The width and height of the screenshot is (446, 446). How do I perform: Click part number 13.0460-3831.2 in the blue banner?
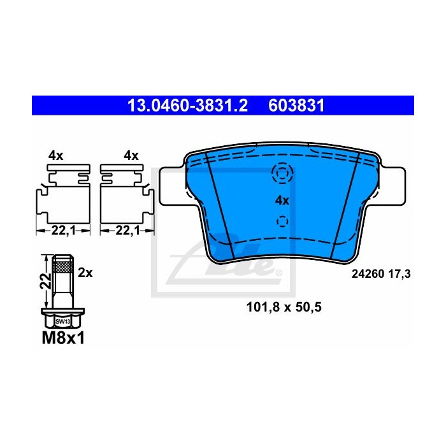pyautogui.click(x=187, y=106)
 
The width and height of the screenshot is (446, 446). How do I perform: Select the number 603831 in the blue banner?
pyautogui.click(x=296, y=106)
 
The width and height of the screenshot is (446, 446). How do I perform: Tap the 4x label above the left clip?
pyautogui.click(x=56, y=156)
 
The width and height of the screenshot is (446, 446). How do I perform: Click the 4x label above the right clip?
pyautogui.click(x=131, y=156)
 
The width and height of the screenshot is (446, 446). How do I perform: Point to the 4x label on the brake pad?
pyautogui.click(x=282, y=201)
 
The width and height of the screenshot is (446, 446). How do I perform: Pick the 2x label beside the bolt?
pyautogui.click(x=85, y=273)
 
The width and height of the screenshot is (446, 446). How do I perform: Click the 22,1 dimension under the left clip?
pyautogui.click(x=64, y=231)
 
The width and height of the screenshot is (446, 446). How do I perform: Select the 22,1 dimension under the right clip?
pyautogui.click(x=127, y=231)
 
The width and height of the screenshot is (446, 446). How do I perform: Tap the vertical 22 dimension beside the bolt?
pyautogui.click(x=46, y=281)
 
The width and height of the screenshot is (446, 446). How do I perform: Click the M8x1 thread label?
pyautogui.click(x=63, y=339)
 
